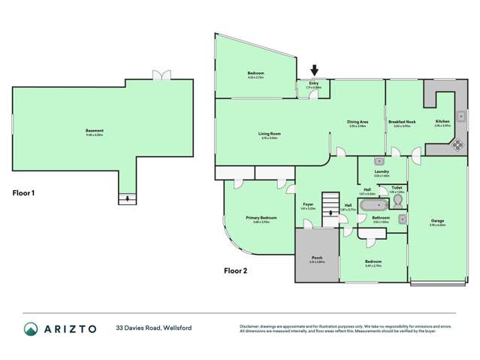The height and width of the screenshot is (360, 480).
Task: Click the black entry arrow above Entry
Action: [315, 71]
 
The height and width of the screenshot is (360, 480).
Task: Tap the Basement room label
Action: [95, 132]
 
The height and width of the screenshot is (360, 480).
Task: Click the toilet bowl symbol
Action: [397, 202]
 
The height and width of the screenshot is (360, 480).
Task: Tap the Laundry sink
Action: [379, 161]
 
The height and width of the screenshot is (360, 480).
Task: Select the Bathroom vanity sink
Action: [403, 219]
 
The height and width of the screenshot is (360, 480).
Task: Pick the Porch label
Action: [317, 260]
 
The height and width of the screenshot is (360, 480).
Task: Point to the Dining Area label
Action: [358, 124]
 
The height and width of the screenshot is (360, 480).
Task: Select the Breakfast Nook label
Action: [402, 124]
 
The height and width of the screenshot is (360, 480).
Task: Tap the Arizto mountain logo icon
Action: [31, 328]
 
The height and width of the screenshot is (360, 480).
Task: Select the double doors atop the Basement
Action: [160, 75]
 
